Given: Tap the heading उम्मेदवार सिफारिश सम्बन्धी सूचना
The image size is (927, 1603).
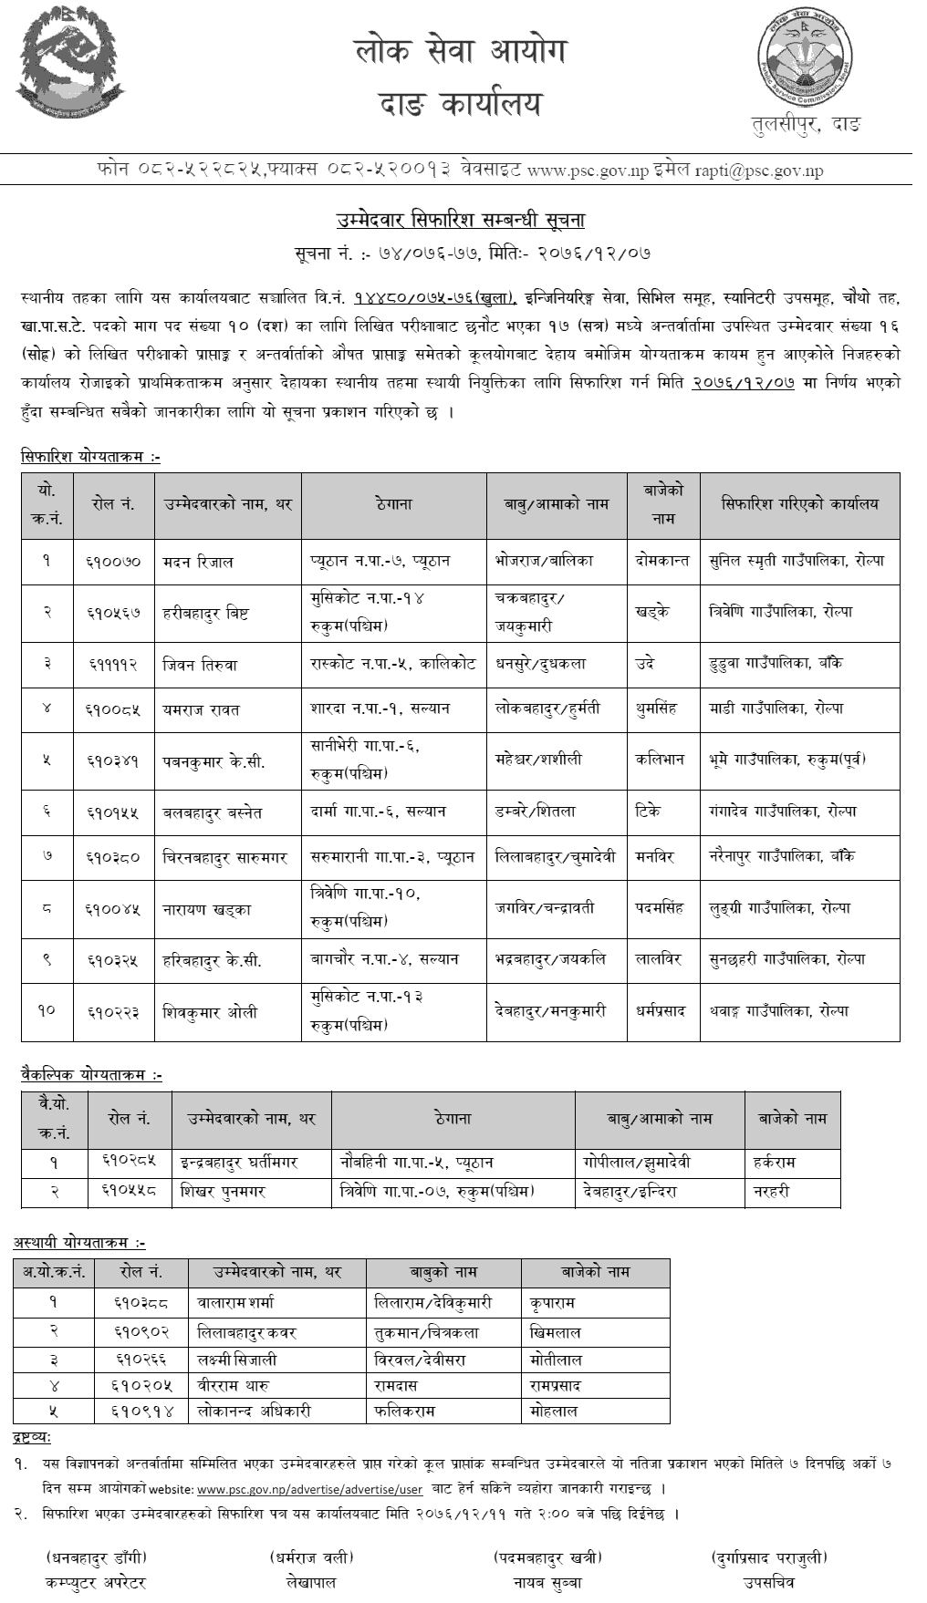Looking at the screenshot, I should (463, 221).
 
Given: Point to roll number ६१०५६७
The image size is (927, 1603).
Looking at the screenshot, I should (115, 612).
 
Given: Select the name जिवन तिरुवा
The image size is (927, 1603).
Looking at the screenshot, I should (200, 665).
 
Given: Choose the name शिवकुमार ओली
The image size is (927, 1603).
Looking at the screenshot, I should (210, 1011).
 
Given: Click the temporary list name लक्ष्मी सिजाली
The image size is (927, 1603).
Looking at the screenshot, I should (237, 1360).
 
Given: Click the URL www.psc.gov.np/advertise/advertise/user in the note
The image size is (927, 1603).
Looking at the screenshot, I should (309, 1489).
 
